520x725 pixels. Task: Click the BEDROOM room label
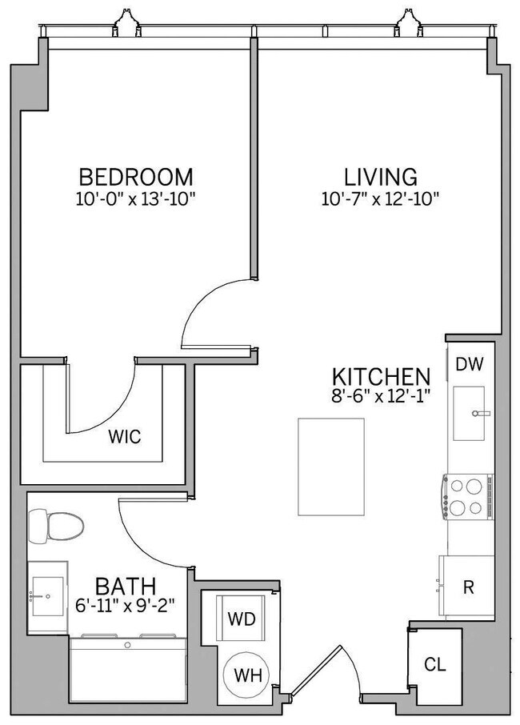(136, 176)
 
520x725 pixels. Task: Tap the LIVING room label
(381, 176)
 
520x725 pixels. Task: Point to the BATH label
(126, 586)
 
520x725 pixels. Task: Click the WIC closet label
(125, 437)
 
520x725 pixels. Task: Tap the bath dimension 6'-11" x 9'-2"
(126, 607)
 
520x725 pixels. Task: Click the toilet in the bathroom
(56, 527)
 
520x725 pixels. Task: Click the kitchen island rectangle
(331, 467)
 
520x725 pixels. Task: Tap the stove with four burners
(468, 497)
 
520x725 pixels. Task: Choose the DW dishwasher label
(470, 365)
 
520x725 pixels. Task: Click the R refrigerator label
(470, 587)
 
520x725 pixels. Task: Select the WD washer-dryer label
(241, 619)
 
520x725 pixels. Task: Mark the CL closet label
(435, 665)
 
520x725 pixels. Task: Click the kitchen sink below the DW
(470, 413)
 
